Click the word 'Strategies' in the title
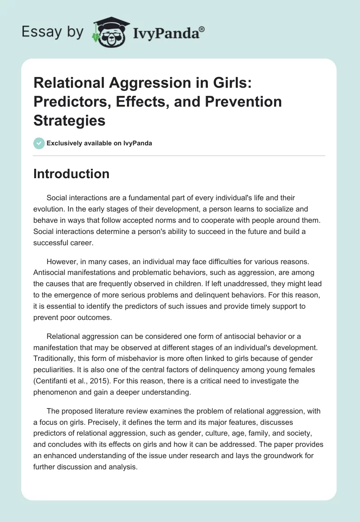pyautogui.click(x=69, y=121)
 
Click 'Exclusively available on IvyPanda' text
pyautogui.click(x=99, y=143)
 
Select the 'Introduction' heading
pyautogui.click(x=71, y=174)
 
